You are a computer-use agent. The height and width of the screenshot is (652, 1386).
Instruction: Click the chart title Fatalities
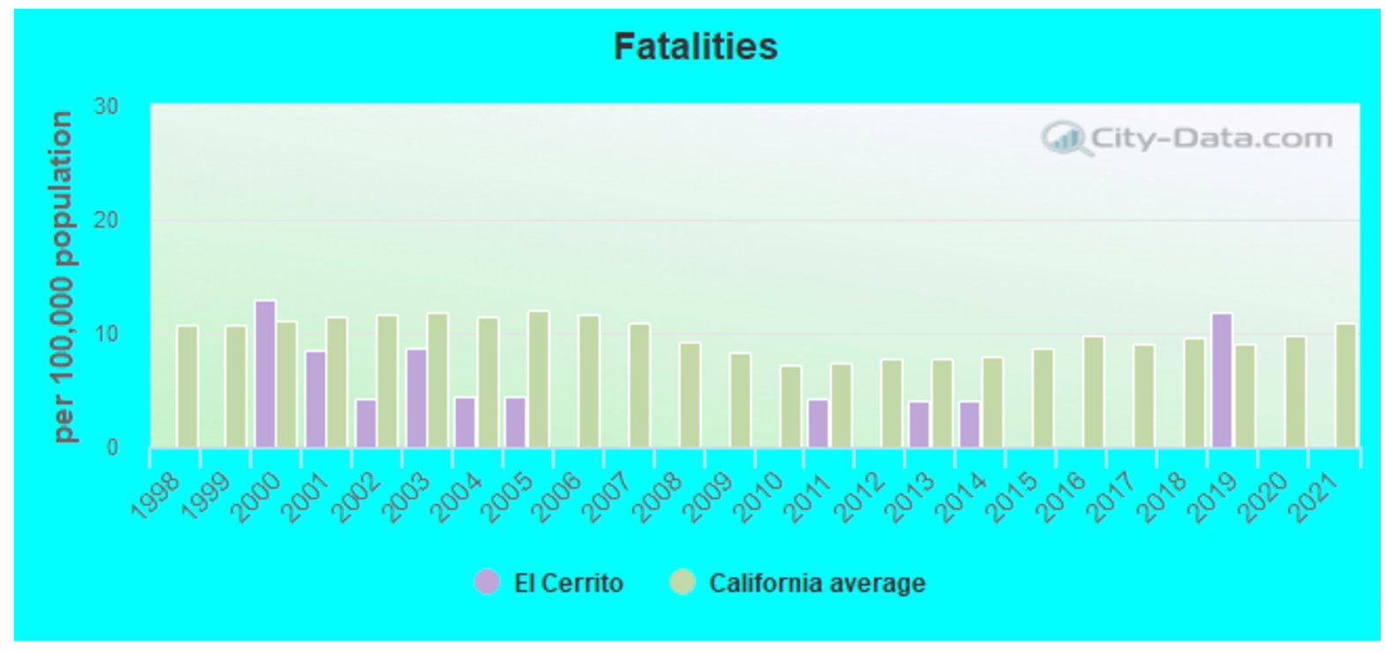click(x=695, y=47)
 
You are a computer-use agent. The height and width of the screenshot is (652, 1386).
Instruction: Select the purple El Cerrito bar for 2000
click(x=265, y=374)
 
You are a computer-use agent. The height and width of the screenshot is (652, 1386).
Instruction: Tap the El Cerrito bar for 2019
click(x=1221, y=381)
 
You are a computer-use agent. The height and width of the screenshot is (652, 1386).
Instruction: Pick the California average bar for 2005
click(x=538, y=379)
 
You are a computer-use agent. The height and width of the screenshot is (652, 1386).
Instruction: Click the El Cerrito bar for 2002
click(x=365, y=423)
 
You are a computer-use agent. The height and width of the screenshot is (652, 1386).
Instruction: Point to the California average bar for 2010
click(x=791, y=406)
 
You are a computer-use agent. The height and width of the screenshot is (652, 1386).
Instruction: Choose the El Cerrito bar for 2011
click(x=818, y=423)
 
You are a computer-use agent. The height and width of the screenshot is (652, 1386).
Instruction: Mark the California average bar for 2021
click(x=1345, y=386)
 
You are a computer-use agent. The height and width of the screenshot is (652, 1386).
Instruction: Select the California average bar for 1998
click(x=188, y=387)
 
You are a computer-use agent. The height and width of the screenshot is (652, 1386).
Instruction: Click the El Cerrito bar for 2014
click(x=969, y=424)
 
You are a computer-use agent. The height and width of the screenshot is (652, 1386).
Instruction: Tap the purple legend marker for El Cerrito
click(x=487, y=582)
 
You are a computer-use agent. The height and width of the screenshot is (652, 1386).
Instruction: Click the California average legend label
click(x=816, y=583)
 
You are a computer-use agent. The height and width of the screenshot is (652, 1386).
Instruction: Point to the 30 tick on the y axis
click(x=107, y=107)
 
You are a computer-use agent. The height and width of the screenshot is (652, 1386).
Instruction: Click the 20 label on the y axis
click(x=107, y=220)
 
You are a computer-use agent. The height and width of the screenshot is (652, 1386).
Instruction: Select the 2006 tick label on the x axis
click(x=558, y=497)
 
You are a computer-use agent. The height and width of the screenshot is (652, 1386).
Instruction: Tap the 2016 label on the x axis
click(x=1062, y=497)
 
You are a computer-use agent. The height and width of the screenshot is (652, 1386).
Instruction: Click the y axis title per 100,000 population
click(x=63, y=276)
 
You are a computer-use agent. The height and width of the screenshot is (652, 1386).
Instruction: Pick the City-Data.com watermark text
click(x=1211, y=138)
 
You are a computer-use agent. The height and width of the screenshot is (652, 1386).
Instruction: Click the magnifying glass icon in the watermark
click(x=1065, y=139)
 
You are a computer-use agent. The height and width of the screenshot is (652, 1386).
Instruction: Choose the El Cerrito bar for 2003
click(x=417, y=397)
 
